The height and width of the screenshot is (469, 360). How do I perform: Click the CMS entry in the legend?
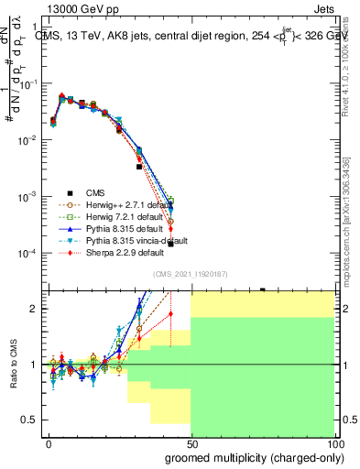[x=96, y=192]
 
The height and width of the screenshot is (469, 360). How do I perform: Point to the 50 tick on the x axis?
[x=191, y=442]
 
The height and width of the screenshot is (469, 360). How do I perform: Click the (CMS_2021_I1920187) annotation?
[x=190, y=274]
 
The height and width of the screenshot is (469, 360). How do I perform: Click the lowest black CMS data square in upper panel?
[x=170, y=244]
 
